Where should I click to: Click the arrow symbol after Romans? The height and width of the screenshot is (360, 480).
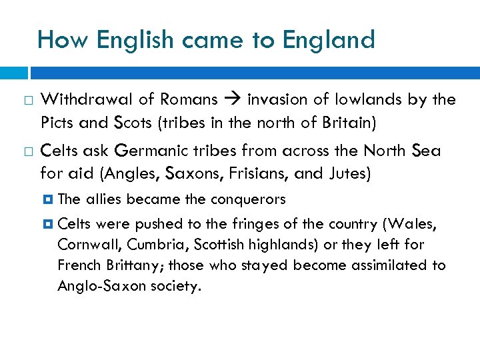pyautogui.click(x=233, y=100)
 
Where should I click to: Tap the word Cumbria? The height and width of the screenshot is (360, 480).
pyautogui.click(x=149, y=244)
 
